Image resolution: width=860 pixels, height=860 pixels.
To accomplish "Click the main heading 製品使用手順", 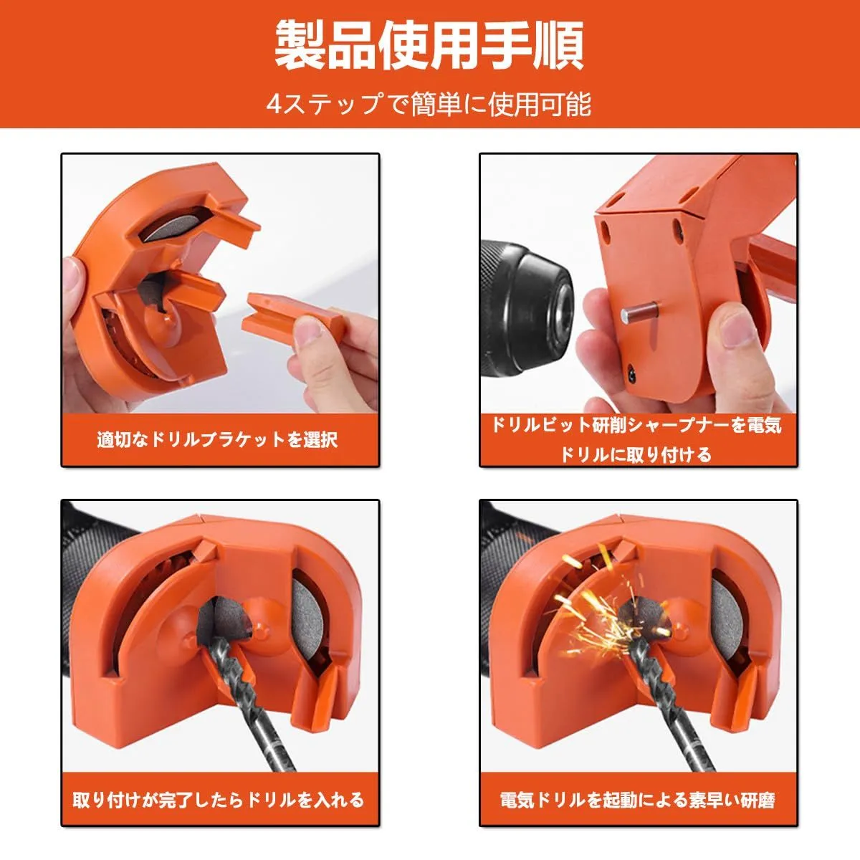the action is [429, 46].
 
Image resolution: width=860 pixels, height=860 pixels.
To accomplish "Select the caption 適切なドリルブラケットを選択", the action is [218, 439].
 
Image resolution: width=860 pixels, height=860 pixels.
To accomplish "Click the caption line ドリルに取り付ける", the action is [636, 455].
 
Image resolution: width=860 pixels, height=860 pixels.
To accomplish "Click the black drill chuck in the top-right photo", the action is [527, 309].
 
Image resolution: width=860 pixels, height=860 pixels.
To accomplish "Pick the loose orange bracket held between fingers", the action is [290, 315].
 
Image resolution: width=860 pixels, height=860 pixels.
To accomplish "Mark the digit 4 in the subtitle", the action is [274, 105].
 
